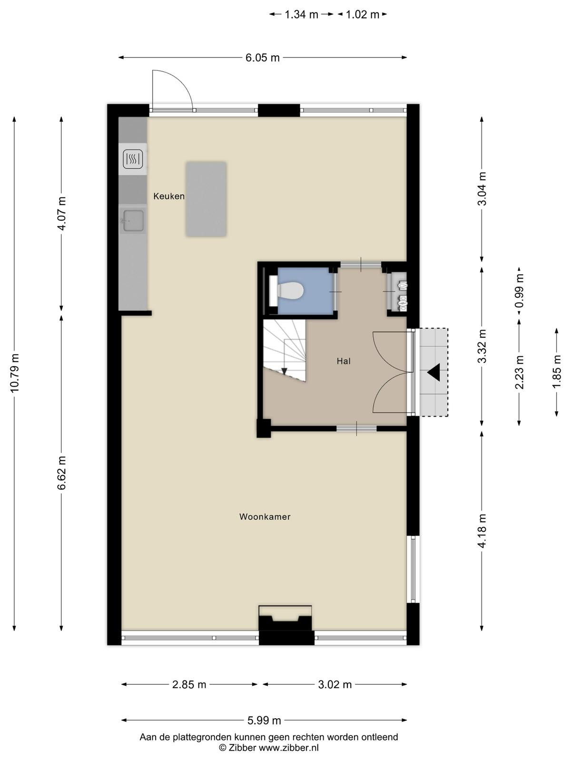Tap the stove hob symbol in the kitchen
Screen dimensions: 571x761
[133, 159]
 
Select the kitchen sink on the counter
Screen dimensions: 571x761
[132, 221]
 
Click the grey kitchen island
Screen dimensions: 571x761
[206, 199]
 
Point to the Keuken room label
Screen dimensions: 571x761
[169, 196]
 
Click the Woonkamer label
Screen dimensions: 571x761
[265, 517]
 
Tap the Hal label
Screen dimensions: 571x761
[344, 361]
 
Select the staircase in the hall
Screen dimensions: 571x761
[284, 350]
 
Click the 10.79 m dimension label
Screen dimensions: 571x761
[15, 373]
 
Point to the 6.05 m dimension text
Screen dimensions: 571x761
[263, 58]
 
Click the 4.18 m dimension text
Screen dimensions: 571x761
[482, 531]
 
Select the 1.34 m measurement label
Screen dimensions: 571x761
[301, 15]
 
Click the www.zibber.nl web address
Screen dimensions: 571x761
[289, 748]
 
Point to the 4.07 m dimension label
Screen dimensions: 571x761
[62, 213]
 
